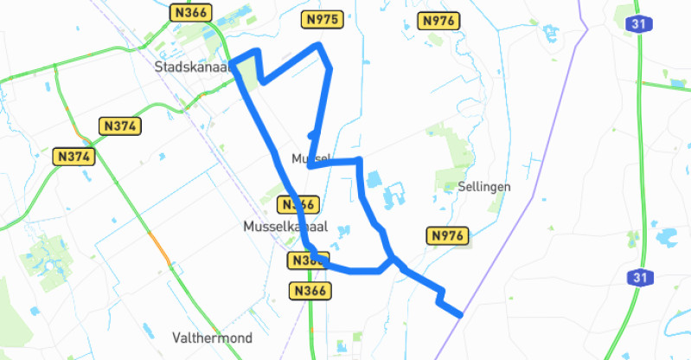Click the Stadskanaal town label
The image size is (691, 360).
point(189,67)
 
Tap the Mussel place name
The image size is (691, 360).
point(310,158)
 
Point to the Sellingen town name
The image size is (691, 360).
point(485,186)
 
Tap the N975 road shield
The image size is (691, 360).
point(323,19)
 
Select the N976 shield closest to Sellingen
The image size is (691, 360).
point(448,235)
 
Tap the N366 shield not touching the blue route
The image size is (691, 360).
point(309,291)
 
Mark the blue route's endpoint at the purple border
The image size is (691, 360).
point(459,315)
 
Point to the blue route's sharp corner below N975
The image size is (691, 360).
point(321,45)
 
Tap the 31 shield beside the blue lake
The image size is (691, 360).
point(639,278)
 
